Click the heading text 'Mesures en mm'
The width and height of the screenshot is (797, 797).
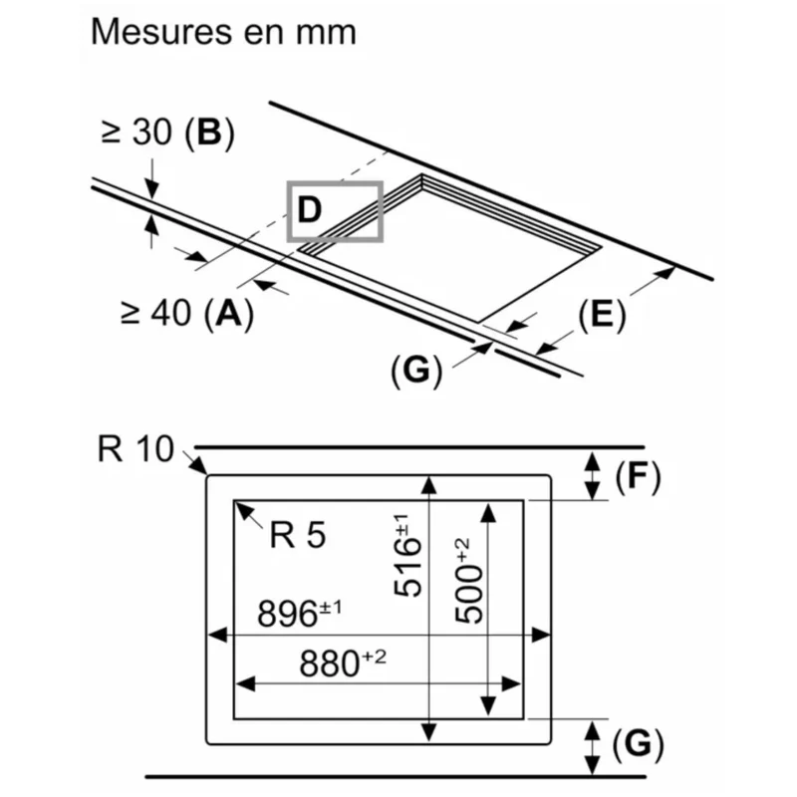[223, 32]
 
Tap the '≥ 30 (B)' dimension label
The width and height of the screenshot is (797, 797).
[168, 133]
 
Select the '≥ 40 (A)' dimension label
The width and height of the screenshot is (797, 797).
[187, 313]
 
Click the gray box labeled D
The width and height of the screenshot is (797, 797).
[335, 211]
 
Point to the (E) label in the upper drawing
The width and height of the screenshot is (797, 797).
[603, 315]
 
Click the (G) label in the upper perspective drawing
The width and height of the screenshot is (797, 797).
[416, 370]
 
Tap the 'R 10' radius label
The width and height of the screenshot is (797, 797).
[135, 448]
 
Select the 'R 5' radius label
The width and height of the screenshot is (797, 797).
[297, 535]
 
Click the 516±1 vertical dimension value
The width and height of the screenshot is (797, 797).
[407, 555]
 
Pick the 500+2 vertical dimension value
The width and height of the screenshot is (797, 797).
[467, 581]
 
